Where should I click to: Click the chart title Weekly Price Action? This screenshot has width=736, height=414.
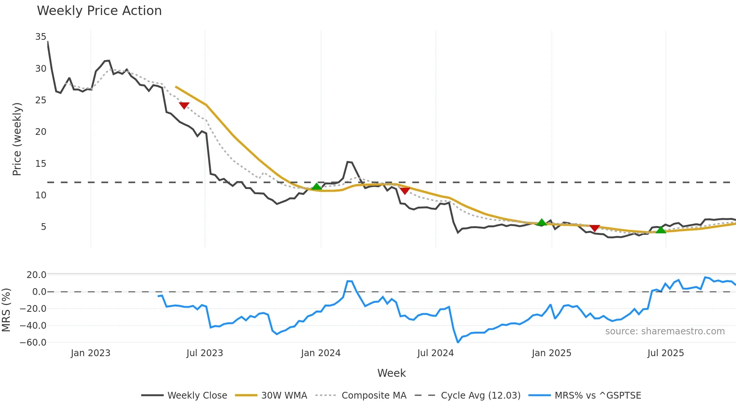coord(99,11)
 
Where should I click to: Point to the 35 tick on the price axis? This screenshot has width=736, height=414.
coord(41,37)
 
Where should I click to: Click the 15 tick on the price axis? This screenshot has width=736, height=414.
coord(41,164)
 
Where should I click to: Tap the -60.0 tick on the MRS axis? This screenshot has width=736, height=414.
coord(33,343)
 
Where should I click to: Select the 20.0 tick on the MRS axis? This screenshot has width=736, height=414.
coord(36,275)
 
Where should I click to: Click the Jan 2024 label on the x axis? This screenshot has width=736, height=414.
coord(321,353)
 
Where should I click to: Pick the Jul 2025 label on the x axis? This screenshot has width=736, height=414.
coord(665,353)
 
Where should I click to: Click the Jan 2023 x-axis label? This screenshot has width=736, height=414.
coord(90,353)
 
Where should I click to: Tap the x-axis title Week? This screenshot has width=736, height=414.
coord(391,373)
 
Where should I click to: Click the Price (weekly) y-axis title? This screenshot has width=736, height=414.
coord(17,139)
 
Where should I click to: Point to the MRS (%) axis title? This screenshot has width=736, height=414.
coord(6,310)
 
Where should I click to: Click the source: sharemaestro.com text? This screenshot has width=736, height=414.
coord(665,331)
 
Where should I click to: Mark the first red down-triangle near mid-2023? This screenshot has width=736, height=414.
coord(184,106)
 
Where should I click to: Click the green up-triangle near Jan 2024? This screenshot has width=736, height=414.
coord(317,187)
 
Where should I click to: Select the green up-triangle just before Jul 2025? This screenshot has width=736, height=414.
coord(661,230)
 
